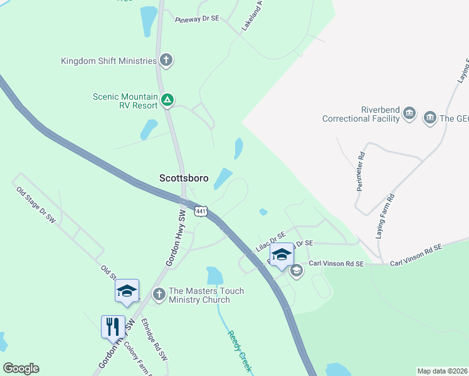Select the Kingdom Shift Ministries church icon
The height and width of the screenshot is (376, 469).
pyautogui.click(x=166, y=61)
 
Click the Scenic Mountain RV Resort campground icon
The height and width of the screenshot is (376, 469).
pyautogui.click(x=167, y=100)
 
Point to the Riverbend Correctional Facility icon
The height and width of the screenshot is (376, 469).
pyautogui.click(x=409, y=113)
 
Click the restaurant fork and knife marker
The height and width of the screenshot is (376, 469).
pyautogui.click(x=113, y=326)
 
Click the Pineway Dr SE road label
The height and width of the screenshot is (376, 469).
pyautogui.click(x=197, y=19)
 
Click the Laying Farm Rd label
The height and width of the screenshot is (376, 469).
pyautogui.click(x=385, y=216)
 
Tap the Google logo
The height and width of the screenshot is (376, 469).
pyautogui.click(x=21, y=368)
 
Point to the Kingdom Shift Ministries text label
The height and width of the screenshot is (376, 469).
pyautogui.click(x=108, y=61)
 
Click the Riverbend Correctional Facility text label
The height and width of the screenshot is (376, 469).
pyautogui.click(x=361, y=114)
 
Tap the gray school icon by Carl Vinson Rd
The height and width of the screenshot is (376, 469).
pyautogui.click(x=297, y=271)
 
